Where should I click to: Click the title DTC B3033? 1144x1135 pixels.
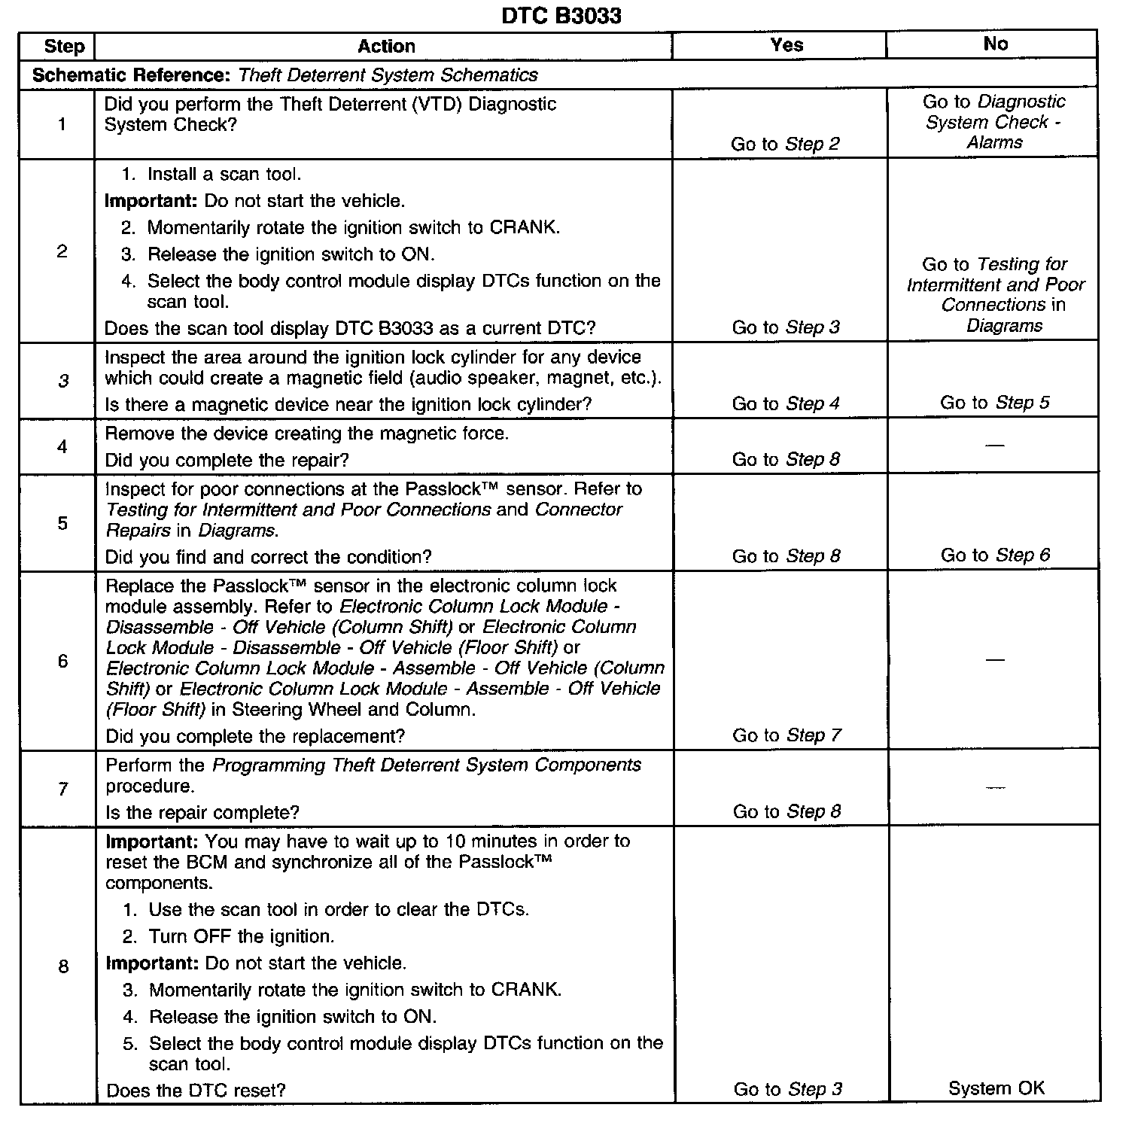click(x=561, y=16)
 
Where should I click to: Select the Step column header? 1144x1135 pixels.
click(x=64, y=46)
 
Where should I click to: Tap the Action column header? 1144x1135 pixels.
click(x=386, y=46)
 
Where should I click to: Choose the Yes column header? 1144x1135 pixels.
click(x=786, y=45)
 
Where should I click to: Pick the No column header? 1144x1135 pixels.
click(x=995, y=44)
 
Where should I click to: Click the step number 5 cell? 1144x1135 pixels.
click(x=63, y=523)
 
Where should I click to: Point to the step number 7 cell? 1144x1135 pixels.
click(x=63, y=789)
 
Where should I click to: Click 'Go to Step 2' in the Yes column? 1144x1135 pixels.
click(x=785, y=144)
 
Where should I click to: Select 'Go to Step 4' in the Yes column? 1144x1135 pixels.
click(x=786, y=403)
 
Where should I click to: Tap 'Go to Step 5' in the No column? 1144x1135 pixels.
click(x=994, y=403)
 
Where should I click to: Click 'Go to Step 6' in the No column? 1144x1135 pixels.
click(x=995, y=555)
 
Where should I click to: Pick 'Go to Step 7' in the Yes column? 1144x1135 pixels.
click(x=786, y=735)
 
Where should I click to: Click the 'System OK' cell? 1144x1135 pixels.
click(x=996, y=1088)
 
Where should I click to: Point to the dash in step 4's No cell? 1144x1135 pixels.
click(x=994, y=446)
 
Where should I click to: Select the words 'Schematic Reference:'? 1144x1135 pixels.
click(x=132, y=75)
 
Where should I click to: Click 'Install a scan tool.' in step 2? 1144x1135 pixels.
click(x=224, y=175)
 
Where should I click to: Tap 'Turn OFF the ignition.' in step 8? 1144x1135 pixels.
click(x=241, y=936)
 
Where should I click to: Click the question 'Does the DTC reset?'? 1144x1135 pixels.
click(x=196, y=1090)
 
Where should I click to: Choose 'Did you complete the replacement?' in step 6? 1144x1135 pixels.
click(x=255, y=736)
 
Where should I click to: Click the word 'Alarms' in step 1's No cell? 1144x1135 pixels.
click(x=994, y=142)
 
